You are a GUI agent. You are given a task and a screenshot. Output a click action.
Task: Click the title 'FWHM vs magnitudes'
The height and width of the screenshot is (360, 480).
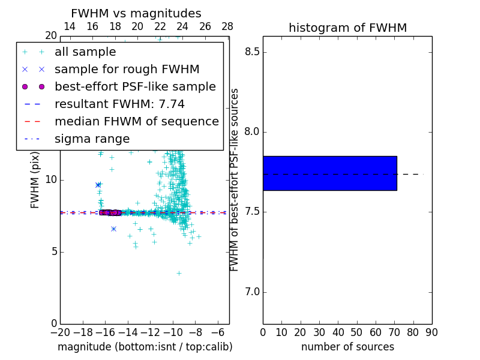[136, 14]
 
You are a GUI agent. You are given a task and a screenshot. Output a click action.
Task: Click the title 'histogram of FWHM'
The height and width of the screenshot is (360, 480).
[347, 28]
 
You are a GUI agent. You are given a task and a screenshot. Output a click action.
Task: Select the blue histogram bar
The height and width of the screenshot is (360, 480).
[329, 173]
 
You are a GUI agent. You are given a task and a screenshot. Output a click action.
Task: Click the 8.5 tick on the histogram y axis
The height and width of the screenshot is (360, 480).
[251, 52]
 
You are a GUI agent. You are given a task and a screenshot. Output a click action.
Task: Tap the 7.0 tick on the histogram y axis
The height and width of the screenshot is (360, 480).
[251, 292]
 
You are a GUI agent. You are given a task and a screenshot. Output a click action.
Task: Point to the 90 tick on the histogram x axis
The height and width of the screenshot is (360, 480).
[431, 332]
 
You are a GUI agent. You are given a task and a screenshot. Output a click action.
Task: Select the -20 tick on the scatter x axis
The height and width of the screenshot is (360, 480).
[60, 332]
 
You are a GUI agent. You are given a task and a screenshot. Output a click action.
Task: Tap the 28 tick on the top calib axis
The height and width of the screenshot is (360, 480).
[227, 26]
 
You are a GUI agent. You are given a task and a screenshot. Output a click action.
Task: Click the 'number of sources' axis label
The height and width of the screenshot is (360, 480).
[347, 347]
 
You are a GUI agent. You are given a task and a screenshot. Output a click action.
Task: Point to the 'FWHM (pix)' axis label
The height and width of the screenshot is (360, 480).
[35, 180]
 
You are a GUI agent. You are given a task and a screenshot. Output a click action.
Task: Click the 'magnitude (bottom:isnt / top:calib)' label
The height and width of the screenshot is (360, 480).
[145, 347]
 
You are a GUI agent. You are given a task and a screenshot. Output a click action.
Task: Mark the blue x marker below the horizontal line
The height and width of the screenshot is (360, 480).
[113, 229]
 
